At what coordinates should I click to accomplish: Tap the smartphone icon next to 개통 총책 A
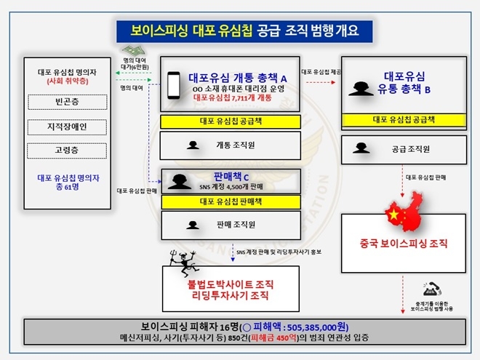coord(173,85)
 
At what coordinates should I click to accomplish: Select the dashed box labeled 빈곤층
coord(66,103)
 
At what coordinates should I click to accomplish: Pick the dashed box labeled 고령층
coord(66,151)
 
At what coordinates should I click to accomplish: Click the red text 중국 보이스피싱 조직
coord(404,243)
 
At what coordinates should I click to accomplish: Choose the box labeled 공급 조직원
coord(404,148)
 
